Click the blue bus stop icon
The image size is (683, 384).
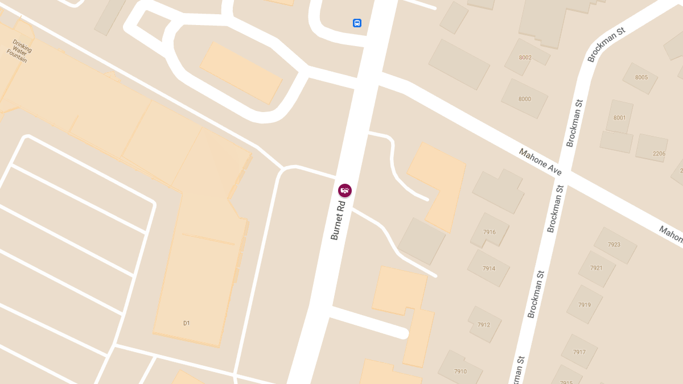[x=357, y=23]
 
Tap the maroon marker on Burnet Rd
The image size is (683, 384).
[x=345, y=191]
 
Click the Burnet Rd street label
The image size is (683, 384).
[x=338, y=220]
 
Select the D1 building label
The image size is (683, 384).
[x=186, y=323]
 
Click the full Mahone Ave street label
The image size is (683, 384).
[x=540, y=162]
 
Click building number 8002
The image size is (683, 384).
[x=525, y=57]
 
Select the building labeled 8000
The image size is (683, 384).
[x=524, y=99]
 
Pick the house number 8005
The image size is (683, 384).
[x=641, y=77]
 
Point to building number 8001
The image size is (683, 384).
[x=619, y=118]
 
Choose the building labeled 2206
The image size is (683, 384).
[x=659, y=154]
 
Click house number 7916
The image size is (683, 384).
[x=489, y=232]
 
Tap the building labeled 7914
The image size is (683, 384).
[x=488, y=269]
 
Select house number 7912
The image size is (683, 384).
[x=484, y=325]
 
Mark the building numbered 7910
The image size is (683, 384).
[x=460, y=371]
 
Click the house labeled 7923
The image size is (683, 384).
[x=614, y=245]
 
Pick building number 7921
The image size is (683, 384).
[x=596, y=268]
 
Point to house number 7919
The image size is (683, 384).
[x=584, y=305]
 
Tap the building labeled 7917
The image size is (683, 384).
[x=579, y=352]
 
